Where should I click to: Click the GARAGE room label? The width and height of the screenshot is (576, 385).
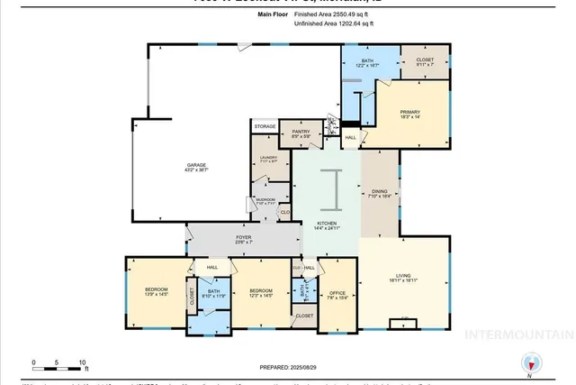197,166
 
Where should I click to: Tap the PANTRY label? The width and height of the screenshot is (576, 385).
301,132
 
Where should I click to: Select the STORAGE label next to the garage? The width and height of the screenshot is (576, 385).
265,127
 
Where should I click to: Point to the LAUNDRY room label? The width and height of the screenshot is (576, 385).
267,157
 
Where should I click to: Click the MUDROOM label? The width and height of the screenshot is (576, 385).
265,199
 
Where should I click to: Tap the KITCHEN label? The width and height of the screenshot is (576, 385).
326,223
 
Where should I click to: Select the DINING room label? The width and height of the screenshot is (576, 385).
380,191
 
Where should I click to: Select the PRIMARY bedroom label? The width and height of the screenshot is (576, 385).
410,113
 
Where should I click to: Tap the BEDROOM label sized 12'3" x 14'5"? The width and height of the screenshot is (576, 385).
261,289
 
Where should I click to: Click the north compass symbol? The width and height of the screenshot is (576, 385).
533,364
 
